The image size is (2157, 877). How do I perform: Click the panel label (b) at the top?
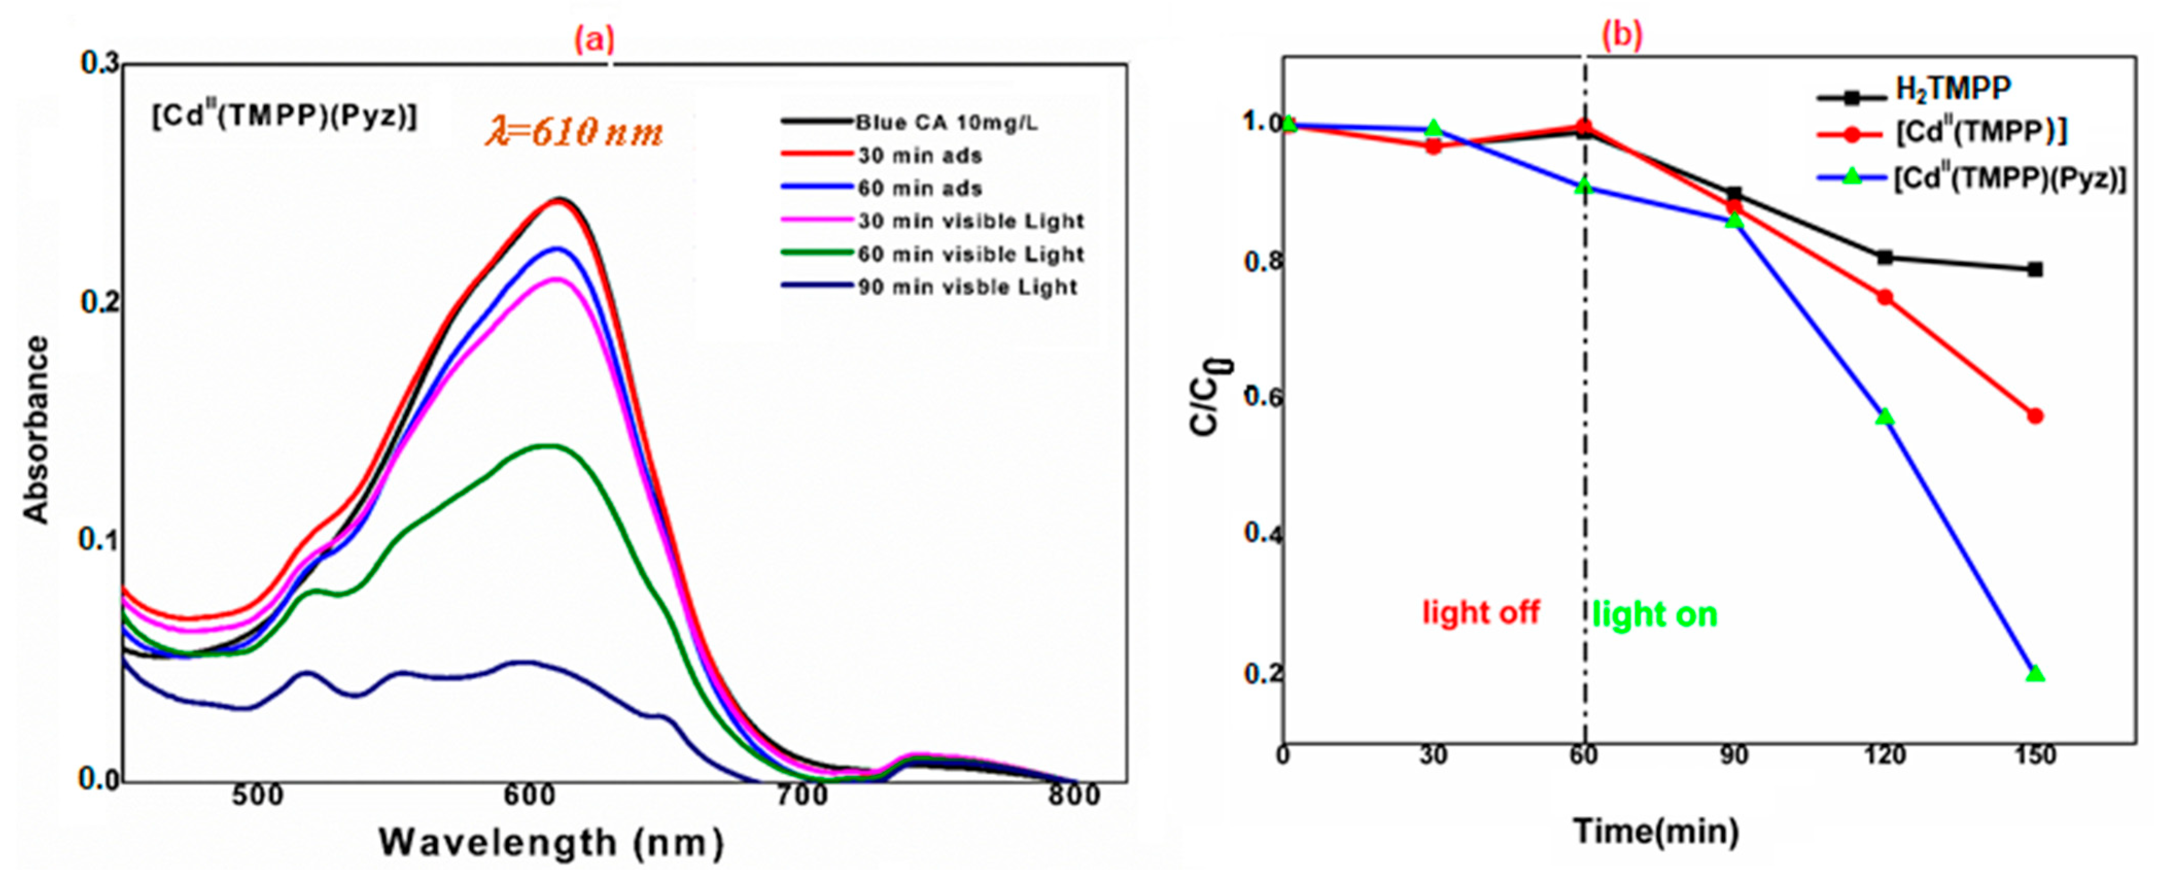[1622, 35]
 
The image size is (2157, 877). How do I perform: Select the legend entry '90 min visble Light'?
[967, 287]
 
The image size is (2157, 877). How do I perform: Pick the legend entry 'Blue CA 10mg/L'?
[946, 123]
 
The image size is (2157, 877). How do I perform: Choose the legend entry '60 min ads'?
[919, 188]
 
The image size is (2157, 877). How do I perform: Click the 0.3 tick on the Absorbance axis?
[99, 64]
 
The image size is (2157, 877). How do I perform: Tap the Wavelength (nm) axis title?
[552, 842]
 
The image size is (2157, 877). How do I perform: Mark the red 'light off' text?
[1480, 612]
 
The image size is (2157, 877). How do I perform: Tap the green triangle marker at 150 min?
[2035, 674]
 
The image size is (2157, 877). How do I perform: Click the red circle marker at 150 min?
[2035, 416]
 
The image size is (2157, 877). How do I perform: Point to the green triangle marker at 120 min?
[1885, 416]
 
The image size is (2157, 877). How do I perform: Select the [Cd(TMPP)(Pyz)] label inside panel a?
[284, 116]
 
